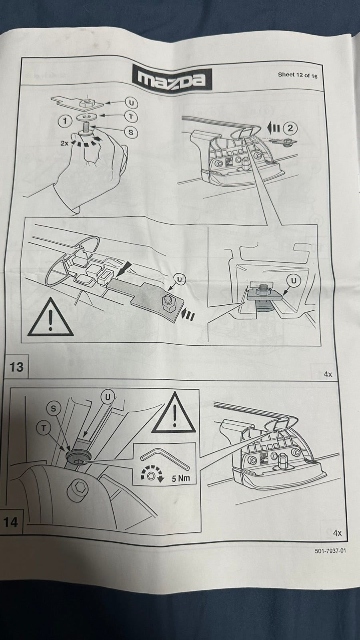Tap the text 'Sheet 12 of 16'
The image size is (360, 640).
[x=298, y=76]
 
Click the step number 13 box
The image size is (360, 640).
[x=16, y=367]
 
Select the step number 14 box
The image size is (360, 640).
[x=11, y=522]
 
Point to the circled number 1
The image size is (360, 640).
[x=66, y=121]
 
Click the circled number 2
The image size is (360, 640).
[x=290, y=128]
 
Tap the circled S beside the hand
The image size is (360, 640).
[x=131, y=132]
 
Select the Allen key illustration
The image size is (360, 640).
[x=164, y=459]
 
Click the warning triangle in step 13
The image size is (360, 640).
[x=50, y=317]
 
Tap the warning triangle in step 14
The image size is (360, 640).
[x=174, y=412]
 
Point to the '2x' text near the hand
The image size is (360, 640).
[x=64, y=143]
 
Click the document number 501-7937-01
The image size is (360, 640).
[x=330, y=550]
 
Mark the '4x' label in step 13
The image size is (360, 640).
[x=328, y=374]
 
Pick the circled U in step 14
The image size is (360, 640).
[x=108, y=397]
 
